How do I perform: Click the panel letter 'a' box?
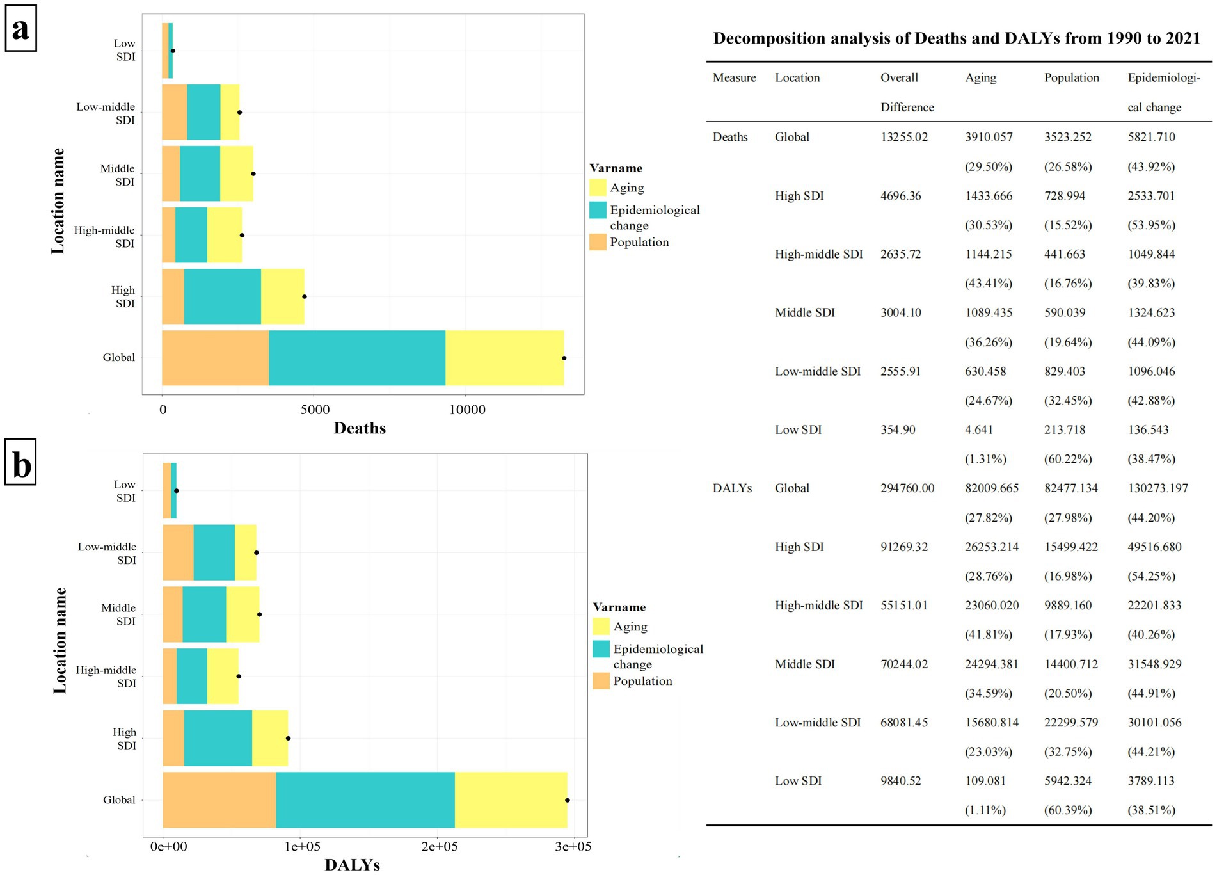tap(20, 29)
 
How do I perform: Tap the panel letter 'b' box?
tap(20, 462)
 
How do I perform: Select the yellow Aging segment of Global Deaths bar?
tap(504, 358)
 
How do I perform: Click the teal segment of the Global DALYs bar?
tap(365, 799)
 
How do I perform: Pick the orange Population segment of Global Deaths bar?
tap(215, 358)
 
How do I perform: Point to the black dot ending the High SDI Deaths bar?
tap(305, 296)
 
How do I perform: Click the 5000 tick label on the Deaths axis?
tap(315, 410)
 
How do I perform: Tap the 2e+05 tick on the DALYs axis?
tap(439, 846)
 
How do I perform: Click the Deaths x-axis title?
tap(360, 428)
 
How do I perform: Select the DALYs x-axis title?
tap(352, 865)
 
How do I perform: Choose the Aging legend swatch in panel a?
tap(598, 188)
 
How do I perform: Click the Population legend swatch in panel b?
tap(601, 681)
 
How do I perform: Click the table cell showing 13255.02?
tap(903, 137)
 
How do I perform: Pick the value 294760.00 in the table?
tap(907, 488)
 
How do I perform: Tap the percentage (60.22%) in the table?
tap(1067, 459)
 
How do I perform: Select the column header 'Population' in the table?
tap(1071, 77)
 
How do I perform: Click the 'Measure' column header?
tap(734, 77)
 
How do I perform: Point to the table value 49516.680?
tap(1154, 547)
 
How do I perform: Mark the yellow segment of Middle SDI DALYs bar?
tap(243, 614)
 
